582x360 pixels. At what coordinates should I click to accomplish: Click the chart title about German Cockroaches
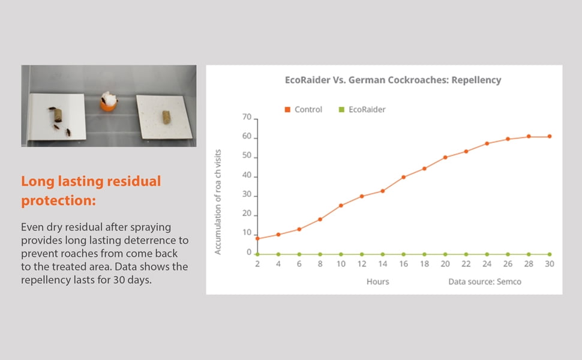click(x=393, y=80)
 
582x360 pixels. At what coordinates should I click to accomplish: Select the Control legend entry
click(x=303, y=109)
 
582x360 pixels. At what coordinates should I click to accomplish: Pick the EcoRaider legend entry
click(x=362, y=109)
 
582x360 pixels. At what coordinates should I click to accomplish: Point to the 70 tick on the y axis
click(x=247, y=117)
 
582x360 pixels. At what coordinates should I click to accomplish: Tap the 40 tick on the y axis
click(x=247, y=175)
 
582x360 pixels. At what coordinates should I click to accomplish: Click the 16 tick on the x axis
click(x=403, y=264)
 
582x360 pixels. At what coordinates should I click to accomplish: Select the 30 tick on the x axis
click(x=550, y=264)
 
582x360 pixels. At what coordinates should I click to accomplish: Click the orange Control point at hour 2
click(x=257, y=239)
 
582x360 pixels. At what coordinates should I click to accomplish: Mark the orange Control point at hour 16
click(x=403, y=178)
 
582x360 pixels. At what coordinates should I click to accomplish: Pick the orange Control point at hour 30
click(x=550, y=137)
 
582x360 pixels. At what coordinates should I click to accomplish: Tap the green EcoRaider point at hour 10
click(x=341, y=254)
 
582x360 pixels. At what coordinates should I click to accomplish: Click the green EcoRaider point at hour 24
click(x=487, y=254)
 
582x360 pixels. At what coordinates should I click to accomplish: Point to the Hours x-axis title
click(x=378, y=281)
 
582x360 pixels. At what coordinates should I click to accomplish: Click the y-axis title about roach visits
click(x=218, y=202)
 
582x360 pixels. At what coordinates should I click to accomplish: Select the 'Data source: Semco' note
click(x=485, y=281)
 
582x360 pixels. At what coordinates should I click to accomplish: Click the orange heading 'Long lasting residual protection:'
click(x=91, y=191)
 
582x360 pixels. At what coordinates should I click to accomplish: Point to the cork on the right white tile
click(x=166, y=117)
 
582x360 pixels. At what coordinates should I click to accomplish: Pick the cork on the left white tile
click(x=58, y=115)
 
